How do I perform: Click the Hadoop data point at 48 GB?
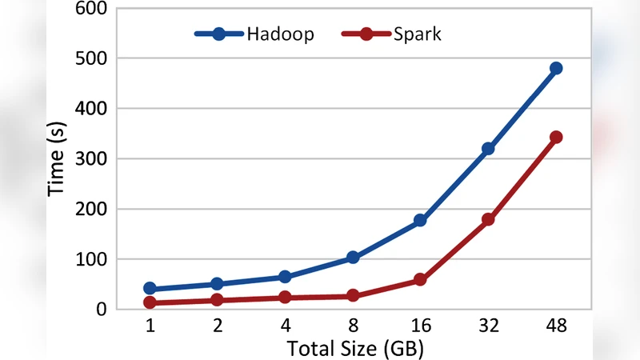(556, 69)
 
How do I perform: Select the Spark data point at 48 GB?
(556, 138)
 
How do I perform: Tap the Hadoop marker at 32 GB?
(488, 149)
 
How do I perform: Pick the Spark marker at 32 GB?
(488, 219)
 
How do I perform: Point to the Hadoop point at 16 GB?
(420, 220)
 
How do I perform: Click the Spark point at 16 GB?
(420, 280)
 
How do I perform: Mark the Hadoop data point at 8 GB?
(353, 258)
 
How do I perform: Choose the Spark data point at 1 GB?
(150, 302)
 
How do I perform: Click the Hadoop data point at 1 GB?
(150, 289)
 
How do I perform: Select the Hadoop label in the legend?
(280, 34)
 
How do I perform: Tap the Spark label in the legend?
(417, 34)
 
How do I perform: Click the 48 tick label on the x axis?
(556, 326)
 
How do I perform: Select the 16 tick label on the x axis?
(420, 326)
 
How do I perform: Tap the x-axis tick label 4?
(285, 326)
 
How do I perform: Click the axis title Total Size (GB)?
(353, 348)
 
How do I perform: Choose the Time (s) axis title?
(58, 158)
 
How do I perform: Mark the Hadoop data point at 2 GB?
(218, 284)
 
